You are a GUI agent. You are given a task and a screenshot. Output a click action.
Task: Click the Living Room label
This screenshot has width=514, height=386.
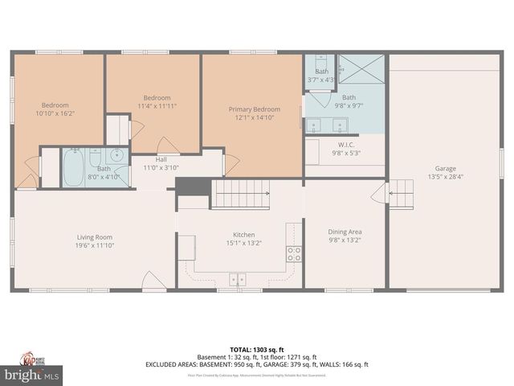pyautogui.click(x=94, y=237)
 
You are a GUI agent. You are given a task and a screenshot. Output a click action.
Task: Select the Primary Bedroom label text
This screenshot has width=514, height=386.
pyautogui.click(x=255, y=109)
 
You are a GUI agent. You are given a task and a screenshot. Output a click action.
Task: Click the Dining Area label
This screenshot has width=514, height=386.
pyautogui.click(x=345, y=232)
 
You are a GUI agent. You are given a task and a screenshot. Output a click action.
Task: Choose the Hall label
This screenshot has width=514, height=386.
pyautogui.click(x=161, y=159)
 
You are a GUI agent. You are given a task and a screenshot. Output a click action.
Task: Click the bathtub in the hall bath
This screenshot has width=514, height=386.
pyautogui.click(x=74, y=166)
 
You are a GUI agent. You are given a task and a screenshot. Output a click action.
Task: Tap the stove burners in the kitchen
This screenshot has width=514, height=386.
pyautogui.click(x=294, y=254)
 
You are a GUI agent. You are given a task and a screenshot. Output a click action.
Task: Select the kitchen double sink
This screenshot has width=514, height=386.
pyautogui.click(x=238, y=280)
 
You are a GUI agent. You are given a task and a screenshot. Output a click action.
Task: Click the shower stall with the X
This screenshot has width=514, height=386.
pyautogui.click(x=361, y=69)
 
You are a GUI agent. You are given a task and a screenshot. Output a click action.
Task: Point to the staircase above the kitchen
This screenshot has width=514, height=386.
pyautogui.click(x=240, y=194)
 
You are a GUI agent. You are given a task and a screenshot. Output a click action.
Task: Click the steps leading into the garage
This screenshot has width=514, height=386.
pyautogui.click(x=402, y=194)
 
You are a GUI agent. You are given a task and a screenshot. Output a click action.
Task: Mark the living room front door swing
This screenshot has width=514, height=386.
pyautogui.click(x=153, y=281)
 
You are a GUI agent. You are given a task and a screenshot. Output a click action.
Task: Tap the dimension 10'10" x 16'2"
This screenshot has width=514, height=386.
pyautogui.click(x=55, y=114)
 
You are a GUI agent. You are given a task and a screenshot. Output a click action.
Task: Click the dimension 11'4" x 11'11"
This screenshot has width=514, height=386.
pyautogui.click(x=157, y=106)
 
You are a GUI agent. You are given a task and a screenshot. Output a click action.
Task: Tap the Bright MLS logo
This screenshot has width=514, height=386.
pyautogui.click(x=32, y=375)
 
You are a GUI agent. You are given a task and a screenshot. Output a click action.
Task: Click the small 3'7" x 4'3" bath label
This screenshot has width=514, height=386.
pyautogui.click(x=320, y=80)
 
